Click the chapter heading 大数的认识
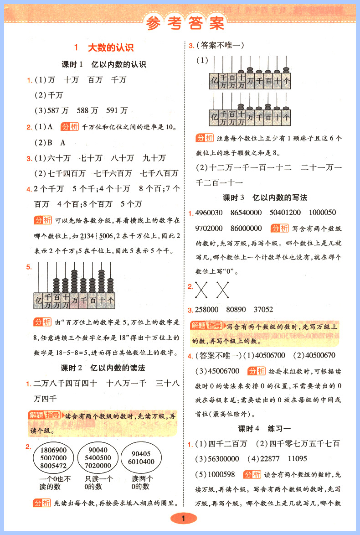pyautogui.click(x=110, y=47)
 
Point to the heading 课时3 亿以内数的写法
pyautogui.click(x=265, y=197)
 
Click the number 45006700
pyautogui.click(x=220, y=370)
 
